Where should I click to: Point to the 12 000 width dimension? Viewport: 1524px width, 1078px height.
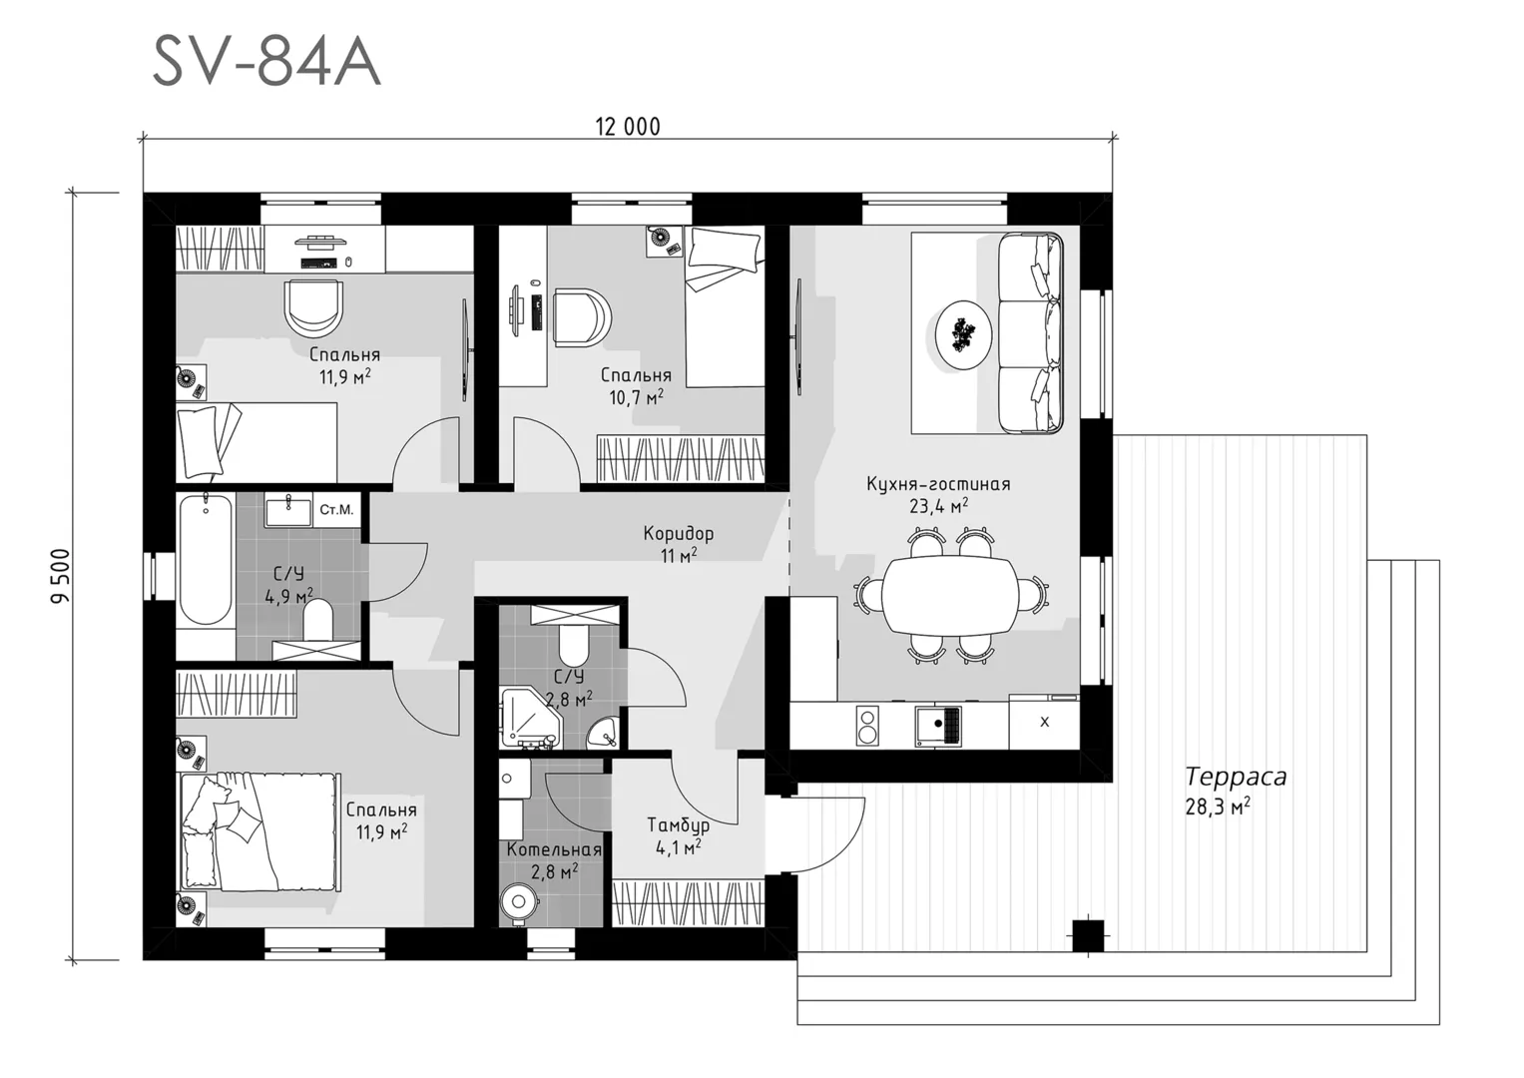[x=628, y=127]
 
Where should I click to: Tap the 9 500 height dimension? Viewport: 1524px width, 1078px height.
[x=61, y=576]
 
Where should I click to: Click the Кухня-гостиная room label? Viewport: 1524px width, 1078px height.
[x=938, y=484]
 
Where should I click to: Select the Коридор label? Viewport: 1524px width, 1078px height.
[x=679, y=533]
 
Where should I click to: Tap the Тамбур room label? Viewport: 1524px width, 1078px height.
[x=678, y=824]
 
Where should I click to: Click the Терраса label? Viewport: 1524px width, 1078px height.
[x=1236, y=777]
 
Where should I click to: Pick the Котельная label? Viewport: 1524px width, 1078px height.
[x=554, y=849]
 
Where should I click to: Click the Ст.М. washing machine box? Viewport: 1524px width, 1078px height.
[x=336, y=510]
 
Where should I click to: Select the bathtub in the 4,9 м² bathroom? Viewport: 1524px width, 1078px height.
[x=206, y=559]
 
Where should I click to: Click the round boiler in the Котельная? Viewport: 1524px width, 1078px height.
[x=519, y=902]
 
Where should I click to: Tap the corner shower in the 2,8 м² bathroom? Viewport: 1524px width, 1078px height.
[x=530, y=717]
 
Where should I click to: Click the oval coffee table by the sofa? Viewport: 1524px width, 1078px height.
[x=963, y=335]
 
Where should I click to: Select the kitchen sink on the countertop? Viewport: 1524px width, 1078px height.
[x=938, y=724]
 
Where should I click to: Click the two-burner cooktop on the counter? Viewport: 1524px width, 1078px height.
[x=866, y=726]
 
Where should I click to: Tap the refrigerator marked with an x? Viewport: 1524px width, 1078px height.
[x=1044, y=722]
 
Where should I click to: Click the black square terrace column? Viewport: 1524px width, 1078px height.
[x=1088, y=935]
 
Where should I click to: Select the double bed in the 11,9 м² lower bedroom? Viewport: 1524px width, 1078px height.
[x=258, y=830]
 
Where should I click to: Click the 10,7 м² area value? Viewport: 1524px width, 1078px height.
[x=636, y=397]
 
